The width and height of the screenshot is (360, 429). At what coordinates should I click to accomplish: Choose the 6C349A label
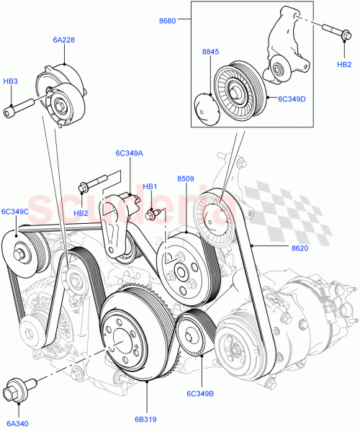tap(129, 153)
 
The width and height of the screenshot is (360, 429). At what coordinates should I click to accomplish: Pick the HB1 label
tap(150, 187)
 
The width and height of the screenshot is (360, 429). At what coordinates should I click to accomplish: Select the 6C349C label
tap(15, 212)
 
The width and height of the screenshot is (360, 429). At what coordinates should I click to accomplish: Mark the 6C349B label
tap(202, 394)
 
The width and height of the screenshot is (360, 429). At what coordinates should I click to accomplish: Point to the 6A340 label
tap(15, 425)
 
